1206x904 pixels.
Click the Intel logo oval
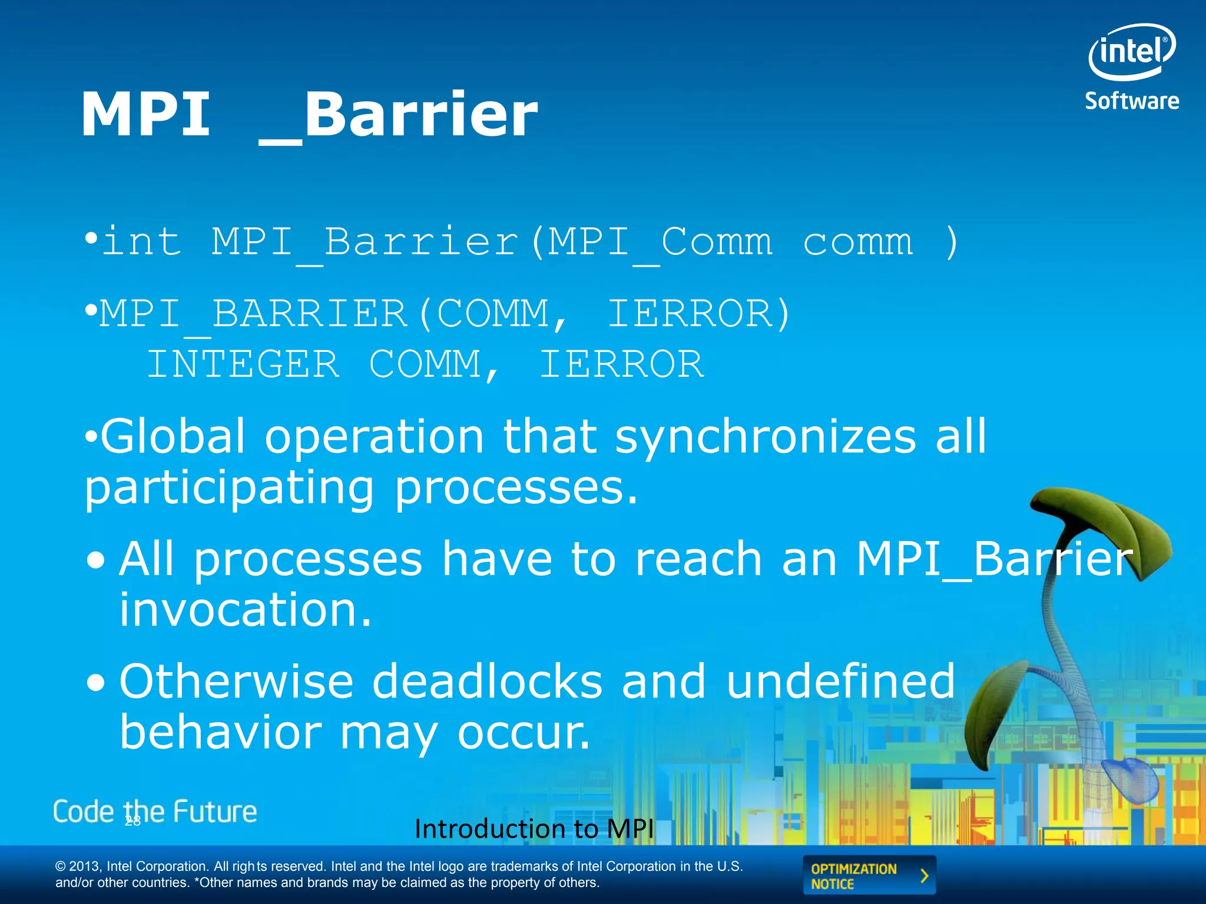tap(1131, 52)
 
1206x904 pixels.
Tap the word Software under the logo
tap(1132, 101)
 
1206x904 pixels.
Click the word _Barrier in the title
tap(399, 116)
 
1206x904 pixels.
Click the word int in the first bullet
tap(141, 242)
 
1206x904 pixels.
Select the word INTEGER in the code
tap(243, 364)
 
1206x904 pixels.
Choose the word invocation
tap(246, 610)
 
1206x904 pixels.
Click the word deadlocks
tap(488, 682)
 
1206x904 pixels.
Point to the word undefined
tap(840, 682)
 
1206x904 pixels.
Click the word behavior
tap(221, 733)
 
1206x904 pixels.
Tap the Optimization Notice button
tap(869, 876)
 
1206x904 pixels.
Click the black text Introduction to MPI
tap(534, 829)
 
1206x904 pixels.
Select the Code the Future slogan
tap(155, 812)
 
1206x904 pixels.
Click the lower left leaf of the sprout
tap(995, 712)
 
